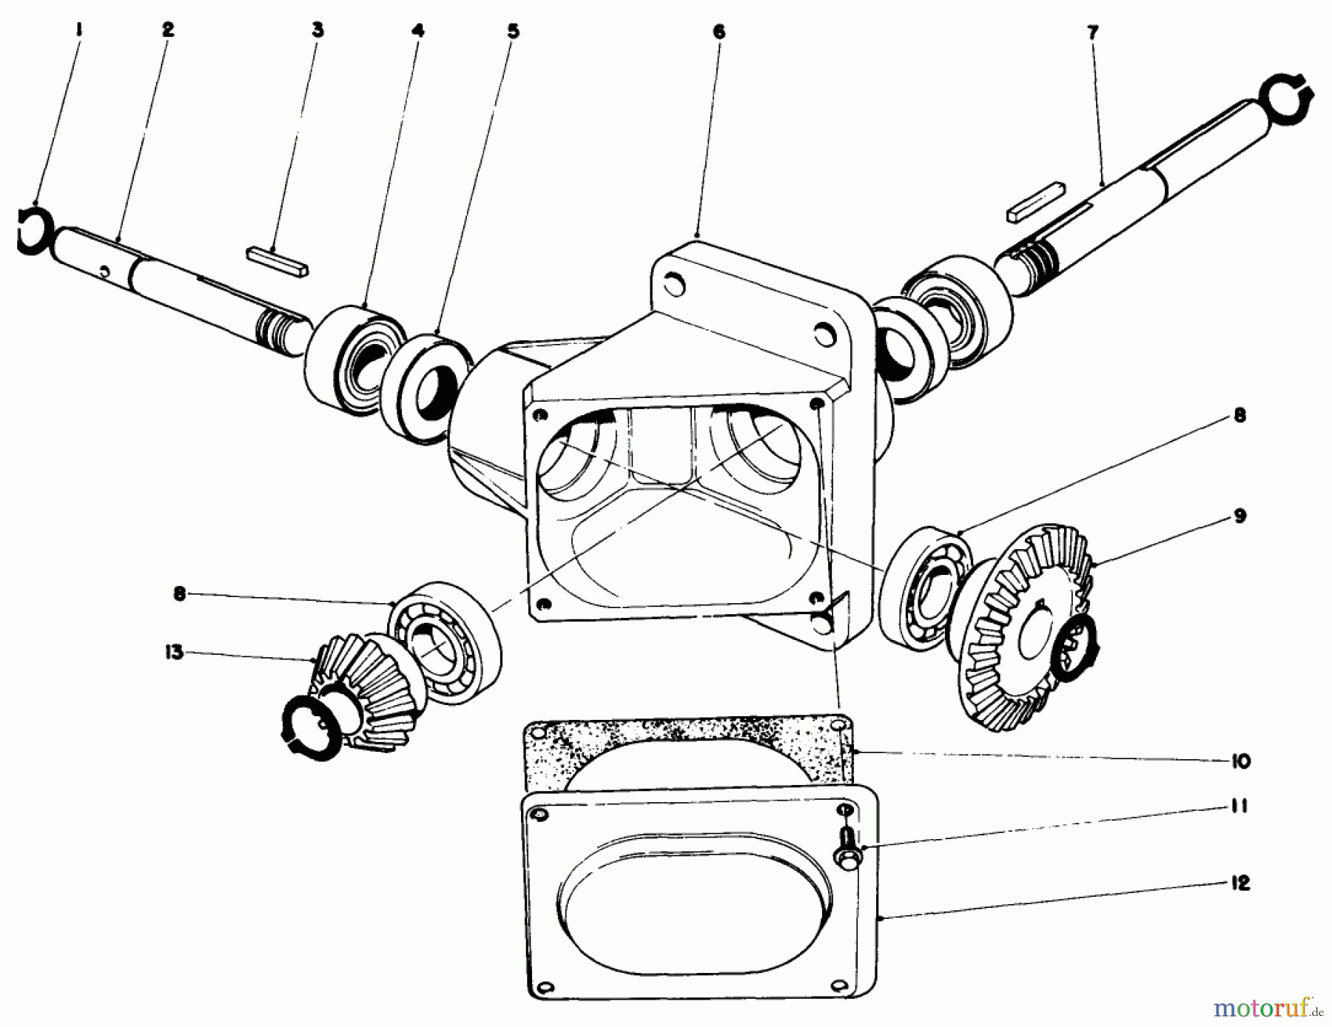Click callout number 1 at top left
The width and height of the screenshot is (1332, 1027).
[x=79, y=30]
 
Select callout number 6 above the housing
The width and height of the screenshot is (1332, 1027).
[x=719, y=32]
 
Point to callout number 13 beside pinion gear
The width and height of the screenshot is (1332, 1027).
[x=174, y=653]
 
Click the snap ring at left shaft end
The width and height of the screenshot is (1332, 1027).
[x=32, y=232]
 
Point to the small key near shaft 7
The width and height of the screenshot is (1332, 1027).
[x=1035, y=208]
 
